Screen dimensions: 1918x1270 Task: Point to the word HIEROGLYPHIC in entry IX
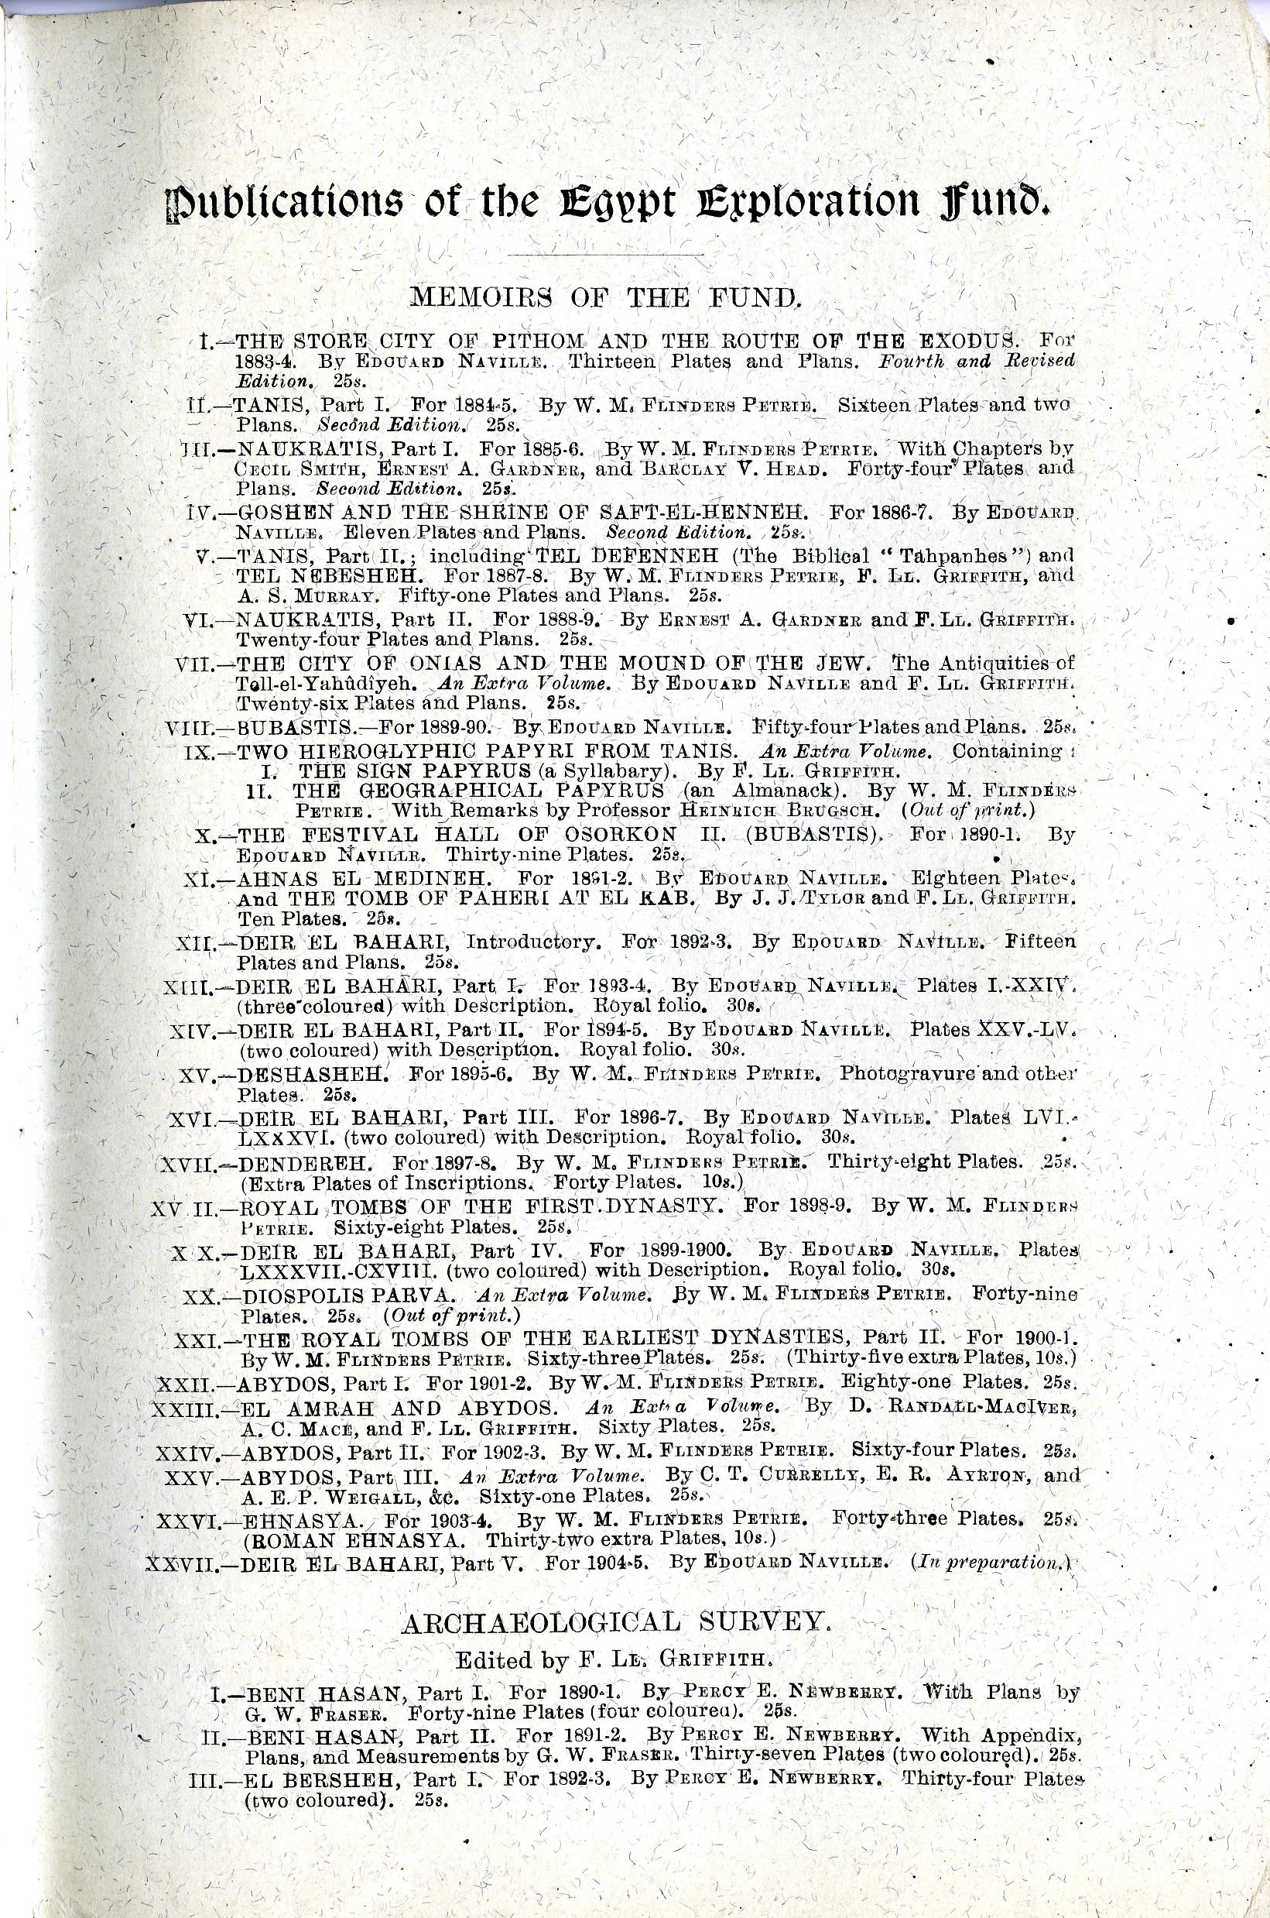pos(384,750)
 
